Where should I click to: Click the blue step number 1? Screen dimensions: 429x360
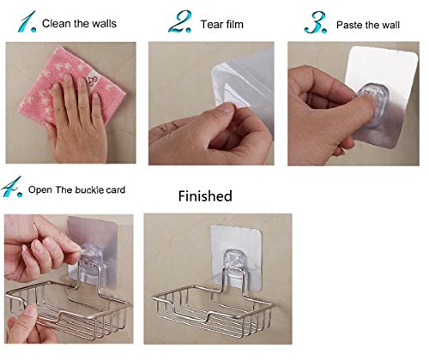click(27, 21)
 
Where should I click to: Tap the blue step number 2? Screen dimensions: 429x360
click(179, 21)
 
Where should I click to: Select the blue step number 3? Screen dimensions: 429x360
click(316, 23)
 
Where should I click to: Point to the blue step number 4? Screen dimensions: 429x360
click(11, 187)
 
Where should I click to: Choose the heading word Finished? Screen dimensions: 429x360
click(205, 196)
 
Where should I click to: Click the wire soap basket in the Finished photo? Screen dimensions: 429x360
click(212, 309)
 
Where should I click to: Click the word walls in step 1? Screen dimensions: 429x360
click(105, 23)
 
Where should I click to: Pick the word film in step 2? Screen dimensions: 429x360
click(234, 25)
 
